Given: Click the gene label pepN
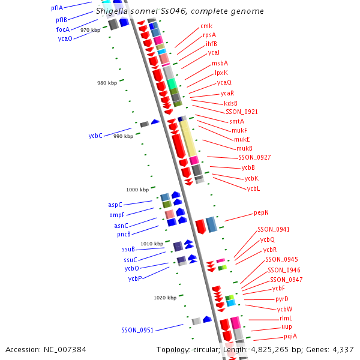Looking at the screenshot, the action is pos(261,212).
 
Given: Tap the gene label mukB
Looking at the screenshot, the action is pos(244,148).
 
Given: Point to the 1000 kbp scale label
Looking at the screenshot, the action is pos(136,190).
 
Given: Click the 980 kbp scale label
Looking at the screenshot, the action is pos(107,83).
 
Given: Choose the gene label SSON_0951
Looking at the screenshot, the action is pos(137,330).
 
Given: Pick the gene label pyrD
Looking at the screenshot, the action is pos(281,299).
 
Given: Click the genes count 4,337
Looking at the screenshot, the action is pos(341,350).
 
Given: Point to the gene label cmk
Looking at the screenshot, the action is pos(206,26).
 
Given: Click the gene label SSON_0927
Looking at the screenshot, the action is pos(254,157).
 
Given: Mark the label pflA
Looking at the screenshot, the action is pos(57,8).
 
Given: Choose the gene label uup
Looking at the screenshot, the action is pos(286,327).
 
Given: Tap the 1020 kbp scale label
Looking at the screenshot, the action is pos(165,298).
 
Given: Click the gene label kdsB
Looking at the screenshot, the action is pos(230,103).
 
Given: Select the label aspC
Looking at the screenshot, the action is pos(115,205).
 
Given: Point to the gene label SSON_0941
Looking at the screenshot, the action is pos(274,229).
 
